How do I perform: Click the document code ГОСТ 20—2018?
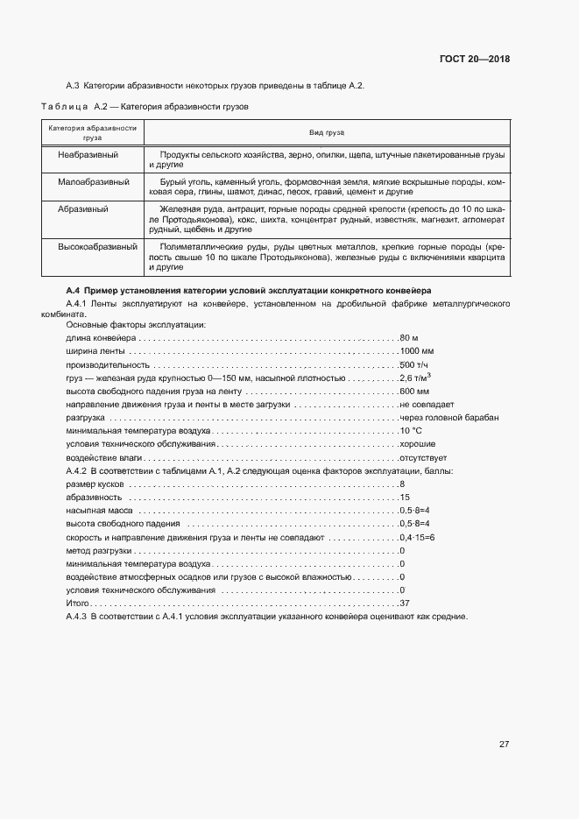[x=474, y=60]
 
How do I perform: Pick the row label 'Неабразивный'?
[x=88, y=154]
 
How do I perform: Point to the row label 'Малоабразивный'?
[x=94, y=182]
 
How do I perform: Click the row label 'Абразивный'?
[x=83, y=210]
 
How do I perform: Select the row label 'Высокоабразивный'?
[x=97, y=247]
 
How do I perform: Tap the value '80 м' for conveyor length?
[x=408, y=337]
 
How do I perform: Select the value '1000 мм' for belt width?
[x=417, y=351]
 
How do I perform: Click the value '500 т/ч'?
[x=413, y=364]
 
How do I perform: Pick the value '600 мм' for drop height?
[x=413, y=391]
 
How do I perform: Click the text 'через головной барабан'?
[x=448, y=418]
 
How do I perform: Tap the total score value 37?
[x=405, y=604]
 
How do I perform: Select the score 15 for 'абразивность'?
[x=405, y=497]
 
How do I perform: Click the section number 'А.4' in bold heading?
[x=74, y=290]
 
